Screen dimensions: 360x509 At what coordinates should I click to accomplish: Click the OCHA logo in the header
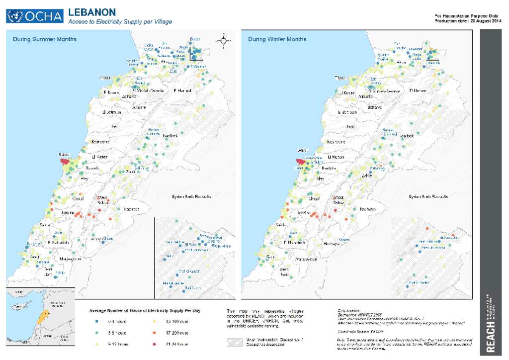pyautogui.click(x=35, y=16)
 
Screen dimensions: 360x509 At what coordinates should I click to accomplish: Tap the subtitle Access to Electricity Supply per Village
pyautogui.click(x=120, y=22)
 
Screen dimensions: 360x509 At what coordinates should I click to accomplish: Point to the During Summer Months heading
pyautogui.click(x=45, y=39)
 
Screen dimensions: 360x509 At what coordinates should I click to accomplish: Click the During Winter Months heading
pyautogui.click(x=277, y=39)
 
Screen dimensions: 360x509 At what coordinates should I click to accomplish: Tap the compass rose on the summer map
pyautogui.click(x=224, y=42)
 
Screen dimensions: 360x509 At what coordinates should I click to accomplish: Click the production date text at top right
pyautogui.click(x=468, y=21)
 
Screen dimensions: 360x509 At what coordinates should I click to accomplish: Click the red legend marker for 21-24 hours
pyautogui.click(x=155, y=344)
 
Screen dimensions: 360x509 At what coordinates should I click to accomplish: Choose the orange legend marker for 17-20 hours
pyautogui.click(x=155, y=333)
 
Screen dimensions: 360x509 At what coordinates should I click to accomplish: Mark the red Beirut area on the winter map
pyautogui.click(x=301, y=161)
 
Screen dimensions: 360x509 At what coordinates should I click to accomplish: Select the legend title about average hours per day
pyautogui.click(x=145, y=311)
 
